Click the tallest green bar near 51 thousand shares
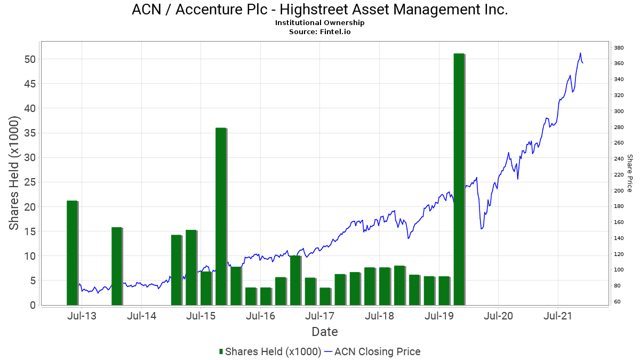tap(459, 179)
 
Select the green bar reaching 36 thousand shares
tap(221, 217)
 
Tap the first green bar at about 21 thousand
tap(73, 253)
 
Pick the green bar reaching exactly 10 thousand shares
tap(295, 281)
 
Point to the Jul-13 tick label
tap(82, 316)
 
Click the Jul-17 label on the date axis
tap(319, 316)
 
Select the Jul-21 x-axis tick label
tap(558, 316)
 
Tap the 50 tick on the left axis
tap(30, 59)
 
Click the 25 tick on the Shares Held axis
tap(30, 182)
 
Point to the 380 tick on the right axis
tap(619, 48)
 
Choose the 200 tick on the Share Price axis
tap(619, 190)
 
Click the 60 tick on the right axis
tap(617, 302)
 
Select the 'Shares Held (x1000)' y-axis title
tap(13, 173)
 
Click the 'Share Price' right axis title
tap(630, 173)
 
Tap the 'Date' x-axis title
tap(325, 332)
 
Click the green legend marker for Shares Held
tap(221, 351)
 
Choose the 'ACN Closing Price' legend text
tap(378, 351)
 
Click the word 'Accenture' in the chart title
tap(221, 10)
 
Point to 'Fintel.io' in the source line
tap(335, 31)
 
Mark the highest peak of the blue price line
tap(580, 53)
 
